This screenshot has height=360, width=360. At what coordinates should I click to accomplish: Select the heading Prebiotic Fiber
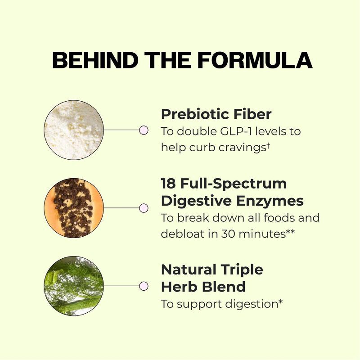click(216, 114)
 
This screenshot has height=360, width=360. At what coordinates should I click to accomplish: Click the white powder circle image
click(74, 130)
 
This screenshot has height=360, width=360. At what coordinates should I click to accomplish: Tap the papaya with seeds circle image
click(74, 208)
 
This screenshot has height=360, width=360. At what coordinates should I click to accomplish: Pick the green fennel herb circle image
click(74, 286)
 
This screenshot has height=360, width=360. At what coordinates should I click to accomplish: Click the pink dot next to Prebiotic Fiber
click(144, 130)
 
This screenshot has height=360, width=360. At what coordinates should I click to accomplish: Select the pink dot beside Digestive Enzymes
click(144, 208)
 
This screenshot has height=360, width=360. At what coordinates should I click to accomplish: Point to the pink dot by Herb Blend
click(144, 286)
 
